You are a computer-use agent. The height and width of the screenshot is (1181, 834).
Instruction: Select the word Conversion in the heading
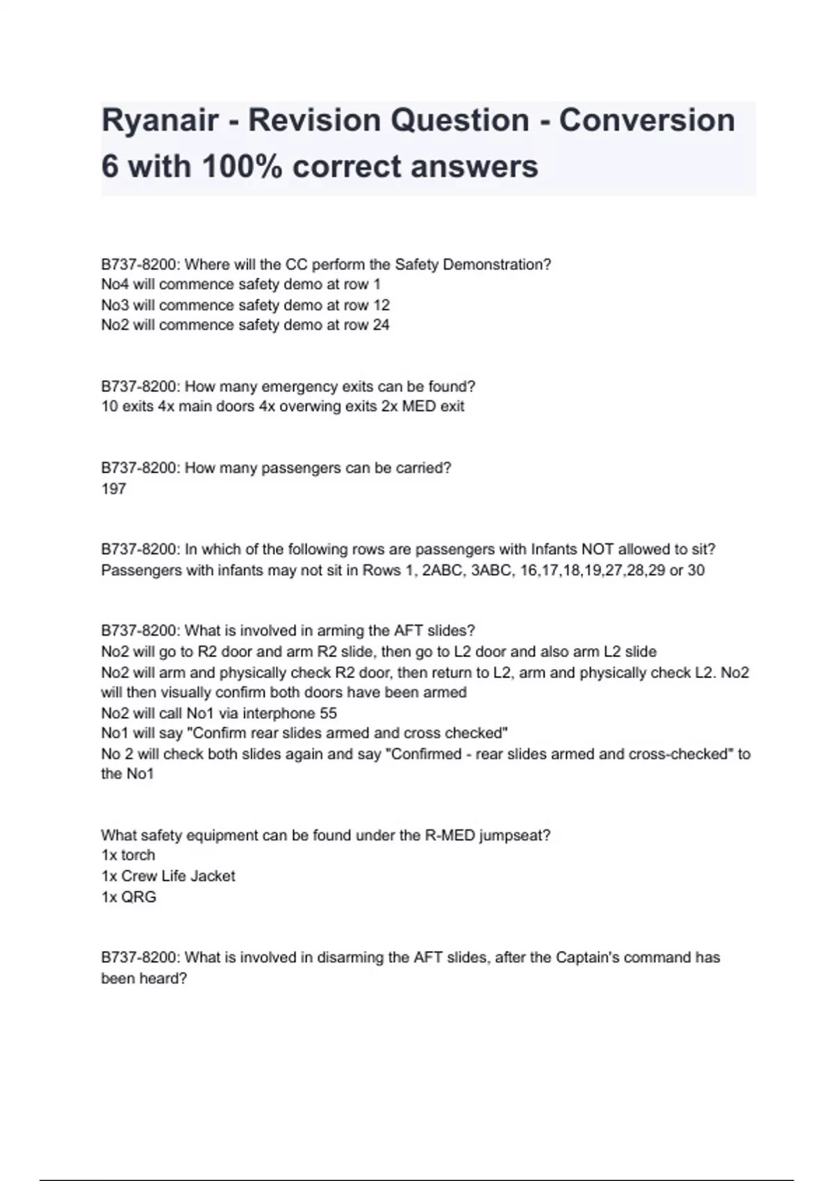click(x=647, y=121)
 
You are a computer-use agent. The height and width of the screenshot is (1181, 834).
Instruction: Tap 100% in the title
click(x=242, y=167)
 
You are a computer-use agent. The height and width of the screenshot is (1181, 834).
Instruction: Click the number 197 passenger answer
click(x=114, y=489)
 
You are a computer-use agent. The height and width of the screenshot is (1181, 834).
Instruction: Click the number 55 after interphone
click(x=328, y=713)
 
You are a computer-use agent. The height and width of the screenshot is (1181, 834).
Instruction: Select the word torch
click(x=138, y=855)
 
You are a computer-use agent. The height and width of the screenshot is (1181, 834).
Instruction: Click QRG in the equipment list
click(x=139, y=897)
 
